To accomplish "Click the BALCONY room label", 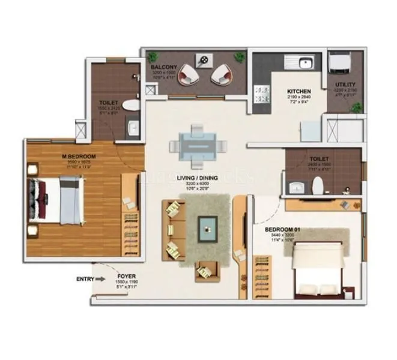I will coord(163,67).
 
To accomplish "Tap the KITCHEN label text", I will coord(299,91).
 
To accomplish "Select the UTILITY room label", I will coord(345,85).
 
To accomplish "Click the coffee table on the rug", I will coord(208,228).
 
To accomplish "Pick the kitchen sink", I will coord(301,61).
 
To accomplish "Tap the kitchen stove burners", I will coord(264,95).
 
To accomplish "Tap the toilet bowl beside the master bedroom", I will coord(130,106).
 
